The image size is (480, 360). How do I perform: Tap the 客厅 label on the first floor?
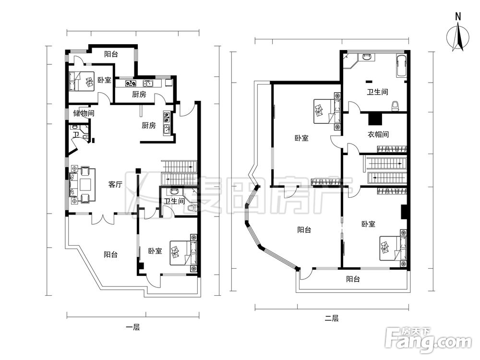coord(115,184)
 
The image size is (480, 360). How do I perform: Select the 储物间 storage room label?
coord(84,113)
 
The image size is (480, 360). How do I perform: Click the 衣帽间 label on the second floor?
coord(378,134)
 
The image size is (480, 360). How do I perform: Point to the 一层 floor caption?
coord(133,327)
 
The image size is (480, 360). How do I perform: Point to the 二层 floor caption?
coord(332,318)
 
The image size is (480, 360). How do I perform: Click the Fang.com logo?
coord(428,340)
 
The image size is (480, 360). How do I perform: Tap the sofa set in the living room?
coord(82,185)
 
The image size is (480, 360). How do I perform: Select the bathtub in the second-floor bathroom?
coord(401,65)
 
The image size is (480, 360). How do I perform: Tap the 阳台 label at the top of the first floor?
coord(111,54)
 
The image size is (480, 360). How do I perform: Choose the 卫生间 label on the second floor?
coord(378,92)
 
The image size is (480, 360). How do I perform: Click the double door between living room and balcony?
coord(103,218)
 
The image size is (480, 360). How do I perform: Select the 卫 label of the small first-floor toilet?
coord(76,135)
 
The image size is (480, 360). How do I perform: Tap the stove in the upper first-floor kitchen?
coord(131,83)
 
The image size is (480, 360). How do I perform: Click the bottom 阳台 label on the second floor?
coord(353,279)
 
